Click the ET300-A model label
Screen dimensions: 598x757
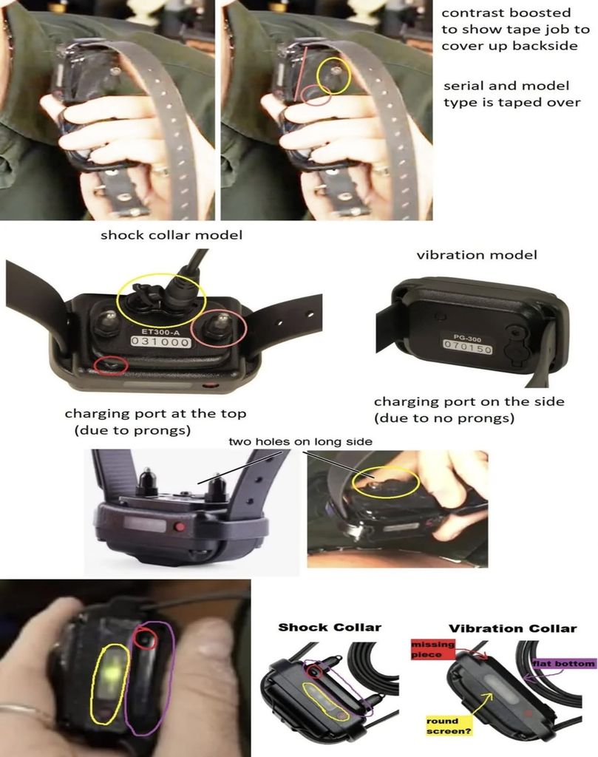pos(160,332)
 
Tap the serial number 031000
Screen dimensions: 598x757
pos(160,342)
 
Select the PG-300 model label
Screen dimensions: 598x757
pos(467,339)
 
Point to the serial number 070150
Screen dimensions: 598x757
pos(468,347)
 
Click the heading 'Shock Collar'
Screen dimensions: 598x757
pos(330,627)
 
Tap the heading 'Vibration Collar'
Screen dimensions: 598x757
pos(512,628)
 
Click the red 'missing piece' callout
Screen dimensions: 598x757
pos(433,649)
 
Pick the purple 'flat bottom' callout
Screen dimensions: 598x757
pos(564,664)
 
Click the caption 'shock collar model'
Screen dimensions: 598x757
pos(171,236)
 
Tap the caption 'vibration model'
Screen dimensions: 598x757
pos(477,255)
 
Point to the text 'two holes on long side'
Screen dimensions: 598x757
pos(300,442)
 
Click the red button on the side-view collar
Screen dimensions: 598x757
pos(180,526)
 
